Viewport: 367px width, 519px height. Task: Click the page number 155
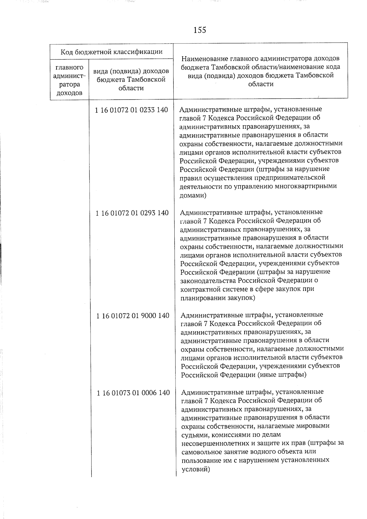(x=200, y=30)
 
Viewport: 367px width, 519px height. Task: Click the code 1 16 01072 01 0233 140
(x=132, y=110)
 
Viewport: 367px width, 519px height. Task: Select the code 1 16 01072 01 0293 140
(x=132, y=213)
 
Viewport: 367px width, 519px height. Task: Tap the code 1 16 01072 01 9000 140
(x=133, y=316)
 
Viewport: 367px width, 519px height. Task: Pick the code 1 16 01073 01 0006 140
(x=133, y=393)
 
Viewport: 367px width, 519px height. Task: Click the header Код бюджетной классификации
(x=111, y=51)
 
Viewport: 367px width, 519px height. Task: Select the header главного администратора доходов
(x=69, y=80)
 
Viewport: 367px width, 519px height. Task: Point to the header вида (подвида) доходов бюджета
(x=131, y=80)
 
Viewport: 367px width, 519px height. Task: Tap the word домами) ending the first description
(x=193, y=195)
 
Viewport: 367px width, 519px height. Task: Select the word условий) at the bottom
(x=196, y=469)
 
